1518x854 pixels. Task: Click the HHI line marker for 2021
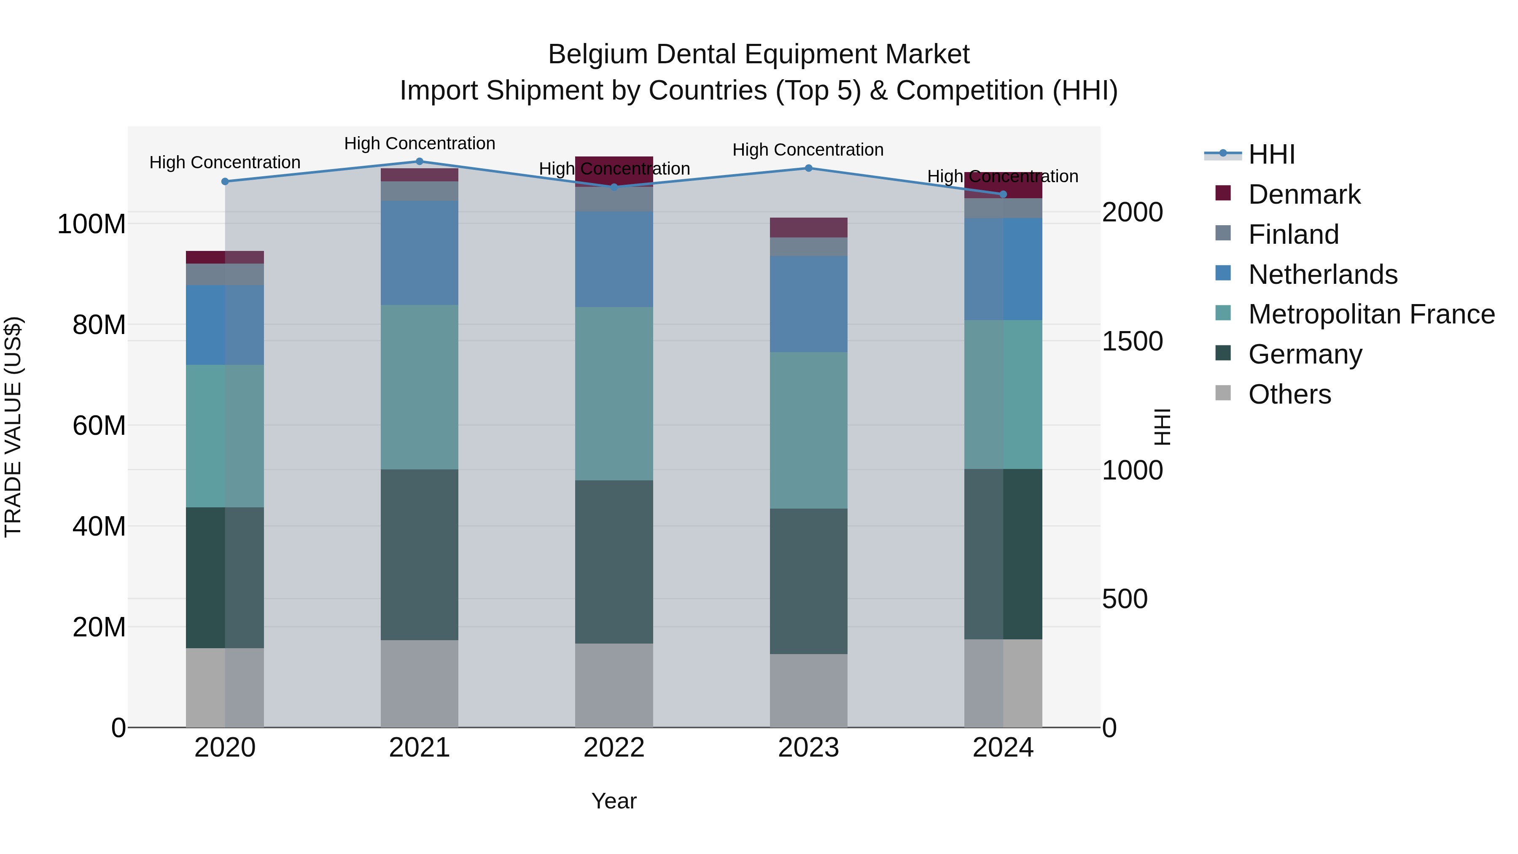420,161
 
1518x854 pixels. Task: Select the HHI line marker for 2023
808,168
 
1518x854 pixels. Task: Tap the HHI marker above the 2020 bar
225,181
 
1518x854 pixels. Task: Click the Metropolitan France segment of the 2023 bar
808,430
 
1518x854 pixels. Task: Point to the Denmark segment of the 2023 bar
808,227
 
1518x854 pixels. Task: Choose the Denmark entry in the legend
1304,194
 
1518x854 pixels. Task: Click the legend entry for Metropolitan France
1371,314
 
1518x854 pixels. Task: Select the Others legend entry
1289,394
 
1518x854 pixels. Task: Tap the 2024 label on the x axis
1003,748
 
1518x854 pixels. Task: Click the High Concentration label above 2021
420,143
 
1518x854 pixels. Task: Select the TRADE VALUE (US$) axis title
13,427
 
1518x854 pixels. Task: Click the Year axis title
614,801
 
